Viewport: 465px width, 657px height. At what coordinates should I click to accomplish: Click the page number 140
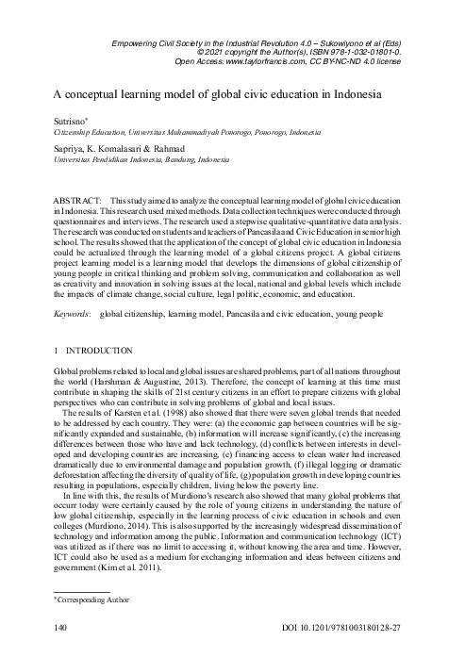[x=61, y=627]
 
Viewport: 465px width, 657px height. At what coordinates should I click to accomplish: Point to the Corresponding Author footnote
[x=93, y=598]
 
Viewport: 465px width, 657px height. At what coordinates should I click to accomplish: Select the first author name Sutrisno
[x=68, y=122]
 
